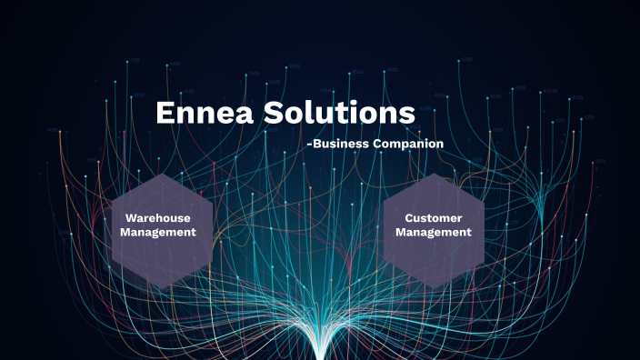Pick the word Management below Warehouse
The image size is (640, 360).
click(x=160, y=232)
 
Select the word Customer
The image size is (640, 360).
click(x=435, y=218)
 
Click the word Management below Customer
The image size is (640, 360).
click(x=435, y=232)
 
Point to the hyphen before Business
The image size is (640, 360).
click(x=309, y=145)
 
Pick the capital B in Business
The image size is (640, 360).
click(x=316, y=144)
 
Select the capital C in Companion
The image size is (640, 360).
click(x=377, y=144)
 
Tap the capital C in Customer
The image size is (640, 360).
click(x=409, y=218)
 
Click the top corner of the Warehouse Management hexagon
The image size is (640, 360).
click(x=161, y=173)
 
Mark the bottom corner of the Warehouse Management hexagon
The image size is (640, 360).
click(x=161, y=289)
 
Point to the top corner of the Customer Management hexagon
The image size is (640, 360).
click(x=435, y=173)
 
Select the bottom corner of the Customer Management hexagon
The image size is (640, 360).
click(x=435, y=289)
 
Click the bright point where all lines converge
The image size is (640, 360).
click(x=321, y=350)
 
